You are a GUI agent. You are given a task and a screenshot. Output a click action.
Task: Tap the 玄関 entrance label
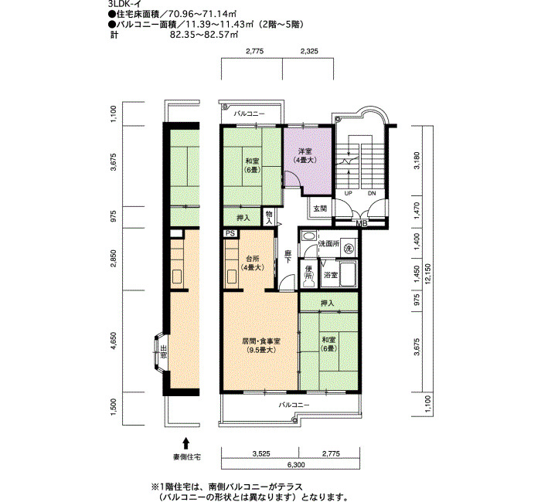click(319, 209)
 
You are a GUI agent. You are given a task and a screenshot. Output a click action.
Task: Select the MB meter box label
click(361, 224)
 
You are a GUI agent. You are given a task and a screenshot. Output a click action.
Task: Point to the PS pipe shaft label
click(230, 233)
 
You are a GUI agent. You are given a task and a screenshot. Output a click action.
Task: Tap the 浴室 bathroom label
click(330, 274)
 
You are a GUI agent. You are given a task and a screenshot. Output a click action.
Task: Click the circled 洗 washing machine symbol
click(349, 249)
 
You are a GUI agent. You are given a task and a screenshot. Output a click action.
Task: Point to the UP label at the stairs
click(349, 194)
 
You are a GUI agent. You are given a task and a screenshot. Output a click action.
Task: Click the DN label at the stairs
click(371, 194)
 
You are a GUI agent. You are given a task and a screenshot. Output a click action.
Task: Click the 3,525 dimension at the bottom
click(260, 453)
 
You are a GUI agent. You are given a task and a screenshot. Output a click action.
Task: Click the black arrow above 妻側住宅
click(185, 443)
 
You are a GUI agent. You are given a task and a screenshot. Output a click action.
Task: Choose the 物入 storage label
click(268, 216)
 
